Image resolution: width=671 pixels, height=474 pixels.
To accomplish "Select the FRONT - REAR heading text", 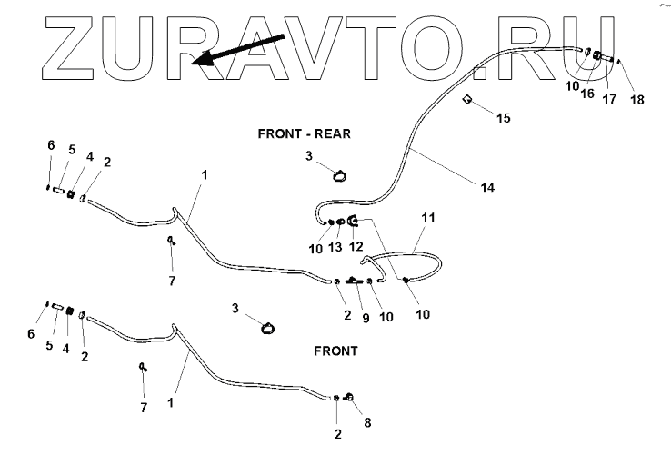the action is (303, 133).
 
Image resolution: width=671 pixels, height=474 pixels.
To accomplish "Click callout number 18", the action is (636, 99).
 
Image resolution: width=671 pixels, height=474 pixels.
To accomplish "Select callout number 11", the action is (428, 219).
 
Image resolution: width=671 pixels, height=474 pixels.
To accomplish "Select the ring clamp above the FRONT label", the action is (266, 328).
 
